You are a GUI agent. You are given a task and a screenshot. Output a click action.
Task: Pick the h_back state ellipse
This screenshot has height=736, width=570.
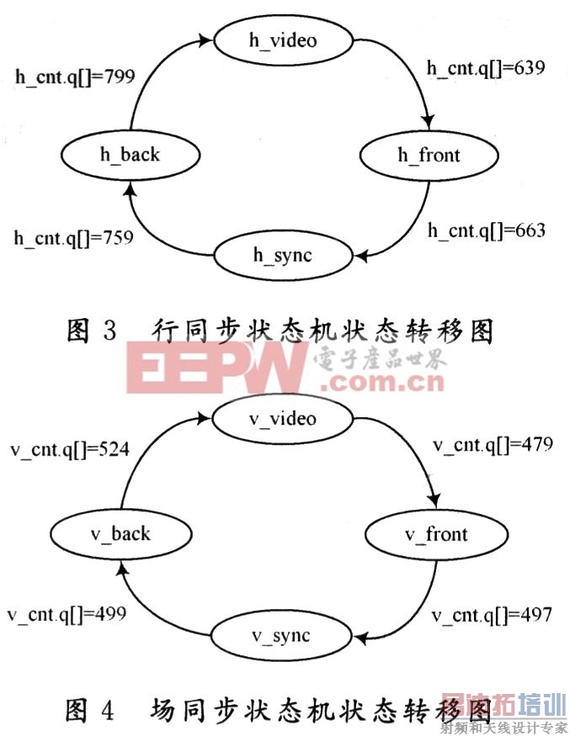[x=128, y=155]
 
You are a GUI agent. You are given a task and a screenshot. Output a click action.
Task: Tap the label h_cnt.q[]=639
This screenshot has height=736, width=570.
[x=486, y=67]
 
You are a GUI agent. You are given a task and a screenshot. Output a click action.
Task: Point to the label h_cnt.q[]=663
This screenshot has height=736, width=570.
[x=486, y=230]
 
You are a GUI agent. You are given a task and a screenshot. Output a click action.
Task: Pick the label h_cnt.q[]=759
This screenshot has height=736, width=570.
[x=73, y=238]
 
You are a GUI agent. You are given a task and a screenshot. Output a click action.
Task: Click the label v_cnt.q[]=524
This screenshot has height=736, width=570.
[x=69, y=449]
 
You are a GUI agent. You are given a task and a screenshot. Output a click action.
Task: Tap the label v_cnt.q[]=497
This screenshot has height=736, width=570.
[x=492, y=616]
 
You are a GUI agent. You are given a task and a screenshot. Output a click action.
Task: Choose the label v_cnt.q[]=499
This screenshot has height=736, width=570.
[x=67, y=614]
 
